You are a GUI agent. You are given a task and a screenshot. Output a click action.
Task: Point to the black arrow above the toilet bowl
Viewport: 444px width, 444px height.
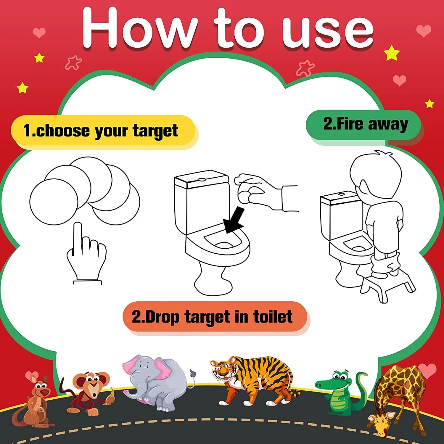234,221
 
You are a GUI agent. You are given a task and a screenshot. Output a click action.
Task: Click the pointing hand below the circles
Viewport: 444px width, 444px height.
86,255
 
